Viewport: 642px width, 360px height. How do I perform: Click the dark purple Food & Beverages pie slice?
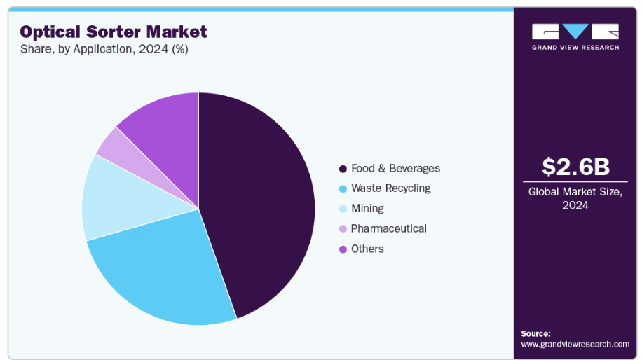click(x=259, y=203)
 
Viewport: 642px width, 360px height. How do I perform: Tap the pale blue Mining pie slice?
click(x=116, y=200)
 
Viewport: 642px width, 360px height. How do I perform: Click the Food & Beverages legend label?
click(x=395, y=168)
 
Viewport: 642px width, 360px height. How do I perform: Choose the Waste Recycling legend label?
click(x=390, y=188)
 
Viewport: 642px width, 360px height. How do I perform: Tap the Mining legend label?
click(x=367, y=208)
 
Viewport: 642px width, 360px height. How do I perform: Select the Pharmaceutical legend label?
click(x=388, y=228)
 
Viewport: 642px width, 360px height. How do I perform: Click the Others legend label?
click(x=367, y=249)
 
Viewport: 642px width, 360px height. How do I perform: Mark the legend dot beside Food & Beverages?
click(x=343, y=169)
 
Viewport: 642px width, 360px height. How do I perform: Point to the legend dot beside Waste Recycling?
click(x=343, y=188)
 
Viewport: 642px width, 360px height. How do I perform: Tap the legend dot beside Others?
click(x=343, y=249)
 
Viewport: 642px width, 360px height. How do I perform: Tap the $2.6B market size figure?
click(x=575, y=167)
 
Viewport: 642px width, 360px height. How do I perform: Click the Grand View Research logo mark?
click(x=575, y=32)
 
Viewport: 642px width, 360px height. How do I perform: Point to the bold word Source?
click(x=535, y=333)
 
